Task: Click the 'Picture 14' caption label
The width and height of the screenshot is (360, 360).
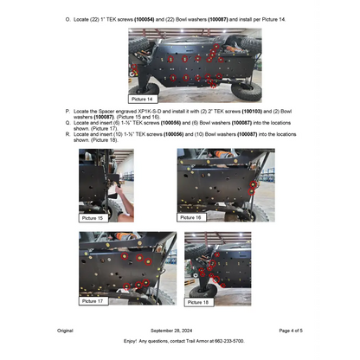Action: tap(144, 100)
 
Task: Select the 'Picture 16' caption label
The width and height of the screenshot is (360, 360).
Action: tap(192, 218)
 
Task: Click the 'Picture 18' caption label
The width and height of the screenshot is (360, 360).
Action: tap(198, 302)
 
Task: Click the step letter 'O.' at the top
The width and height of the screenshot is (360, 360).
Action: tap(68, 19)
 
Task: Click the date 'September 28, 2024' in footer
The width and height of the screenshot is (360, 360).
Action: tap(179, 331)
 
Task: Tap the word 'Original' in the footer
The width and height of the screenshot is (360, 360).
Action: tap(65, 331)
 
